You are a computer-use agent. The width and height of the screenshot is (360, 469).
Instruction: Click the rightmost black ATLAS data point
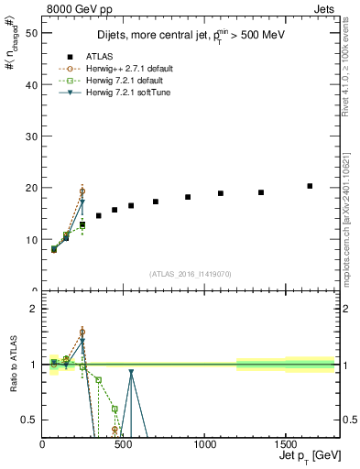coord(310,186)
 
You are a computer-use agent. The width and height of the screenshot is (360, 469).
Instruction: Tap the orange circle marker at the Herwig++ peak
coord(82,191)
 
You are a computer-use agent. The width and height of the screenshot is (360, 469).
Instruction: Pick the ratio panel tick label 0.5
coord(29,420)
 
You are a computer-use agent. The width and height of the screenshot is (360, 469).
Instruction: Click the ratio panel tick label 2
coord(34,309)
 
